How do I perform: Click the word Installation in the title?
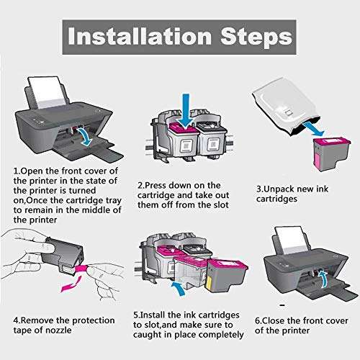point(140,37)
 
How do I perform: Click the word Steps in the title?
point(256,37)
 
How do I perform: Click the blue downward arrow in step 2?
point(186,111)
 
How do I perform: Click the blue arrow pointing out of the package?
point(314,129)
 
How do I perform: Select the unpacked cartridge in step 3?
point(332,152)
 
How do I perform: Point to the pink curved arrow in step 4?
point(71,284)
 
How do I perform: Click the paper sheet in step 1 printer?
point(47,92)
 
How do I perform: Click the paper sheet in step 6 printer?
point(292,240)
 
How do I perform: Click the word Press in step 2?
point(156,185)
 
